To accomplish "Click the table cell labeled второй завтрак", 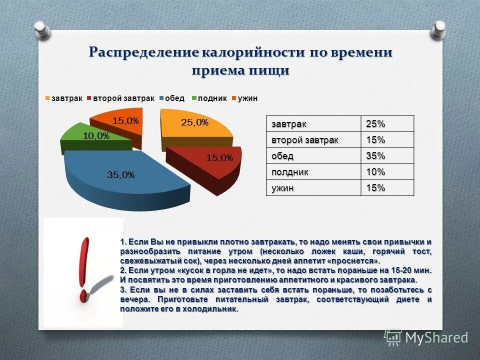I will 304,140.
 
